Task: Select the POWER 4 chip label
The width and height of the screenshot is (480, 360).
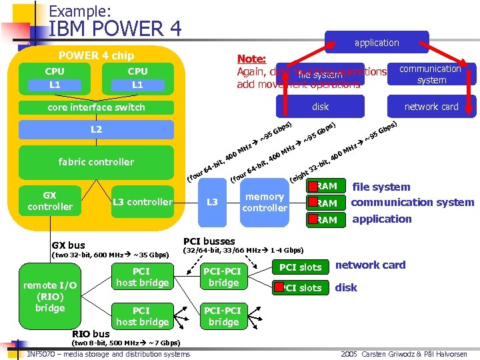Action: click(96, 55)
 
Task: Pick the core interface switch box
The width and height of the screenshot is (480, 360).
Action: click(96, 107)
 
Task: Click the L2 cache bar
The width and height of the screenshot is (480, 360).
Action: click(96, 130)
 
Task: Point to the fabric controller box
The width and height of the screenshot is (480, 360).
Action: click(96, 162)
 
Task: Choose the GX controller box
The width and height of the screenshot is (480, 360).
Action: click(50, 201)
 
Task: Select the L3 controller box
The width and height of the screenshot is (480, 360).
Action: click(143, 202)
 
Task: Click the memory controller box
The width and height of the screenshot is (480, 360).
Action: click(265, 202)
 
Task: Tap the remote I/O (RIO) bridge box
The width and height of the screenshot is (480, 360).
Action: click(50, 297)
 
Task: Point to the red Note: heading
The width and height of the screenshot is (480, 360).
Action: click(251, 59)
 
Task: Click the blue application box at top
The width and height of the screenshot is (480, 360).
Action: click(377, 43)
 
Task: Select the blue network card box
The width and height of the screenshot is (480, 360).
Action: click(431, 107)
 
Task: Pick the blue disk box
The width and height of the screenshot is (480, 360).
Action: click(321, 107)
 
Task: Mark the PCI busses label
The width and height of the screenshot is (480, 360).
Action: click(209, 241)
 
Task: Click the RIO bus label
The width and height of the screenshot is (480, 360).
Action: click(91, 334)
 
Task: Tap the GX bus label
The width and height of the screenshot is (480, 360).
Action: click(69, 245)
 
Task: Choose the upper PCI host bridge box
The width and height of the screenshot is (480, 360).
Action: click(142, 277)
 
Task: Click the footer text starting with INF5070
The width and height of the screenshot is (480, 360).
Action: click(109, 354)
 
